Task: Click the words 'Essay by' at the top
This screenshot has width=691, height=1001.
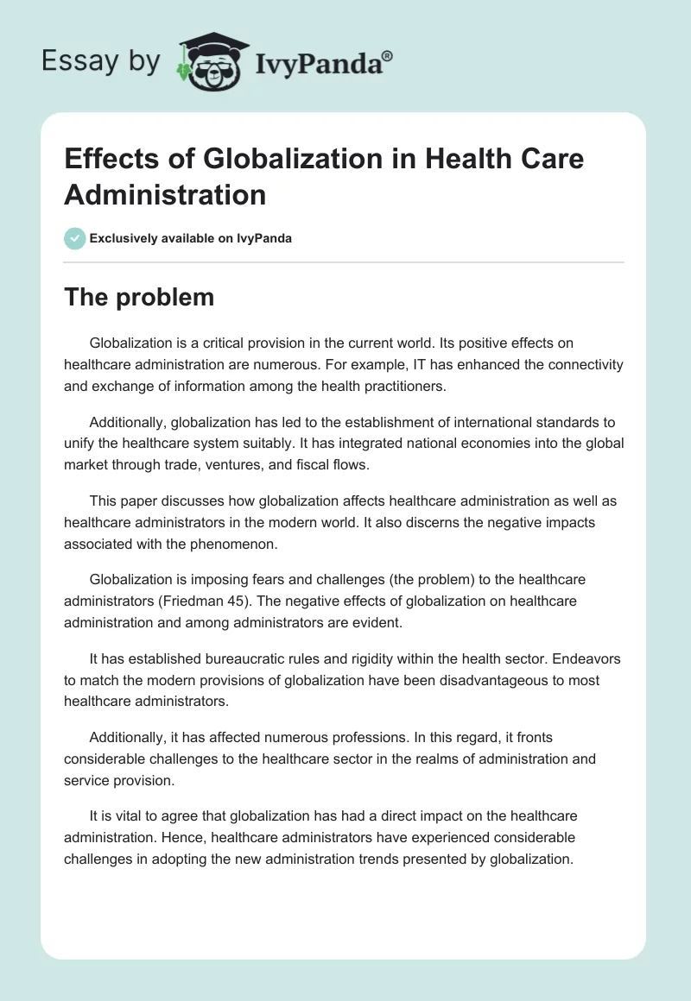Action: [x=102, y=61]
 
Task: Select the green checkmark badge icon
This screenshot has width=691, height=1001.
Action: [x=75, y=238]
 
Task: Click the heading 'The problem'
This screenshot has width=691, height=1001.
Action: [x=139, y=297]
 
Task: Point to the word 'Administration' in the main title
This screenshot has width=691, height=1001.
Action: [x=165, y=194]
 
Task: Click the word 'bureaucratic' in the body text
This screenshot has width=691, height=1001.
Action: [x=239, y=658]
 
